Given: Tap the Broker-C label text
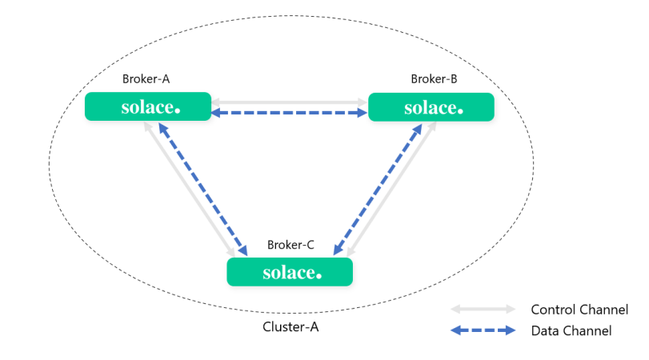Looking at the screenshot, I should point(290,245).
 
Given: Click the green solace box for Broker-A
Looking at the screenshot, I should point(147,107).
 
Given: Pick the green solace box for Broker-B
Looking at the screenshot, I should point(431,107).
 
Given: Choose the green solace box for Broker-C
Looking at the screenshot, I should point(290,272).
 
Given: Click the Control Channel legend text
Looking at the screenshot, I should point(579,310).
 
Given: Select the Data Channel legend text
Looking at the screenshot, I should point(571,330).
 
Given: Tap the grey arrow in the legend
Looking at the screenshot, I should point(483,309).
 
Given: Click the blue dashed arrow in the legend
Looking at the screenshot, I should point(483,330).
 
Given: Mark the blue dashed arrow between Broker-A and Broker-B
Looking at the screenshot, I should point(289,114).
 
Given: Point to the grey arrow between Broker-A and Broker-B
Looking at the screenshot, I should point(289,102).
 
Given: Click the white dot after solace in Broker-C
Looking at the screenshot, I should point(318,276).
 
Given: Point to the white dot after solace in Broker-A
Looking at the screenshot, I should point(177,110).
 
